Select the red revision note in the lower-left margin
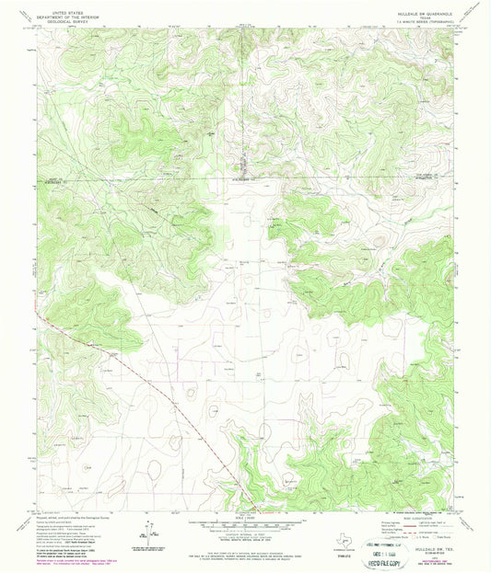[70, 556]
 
